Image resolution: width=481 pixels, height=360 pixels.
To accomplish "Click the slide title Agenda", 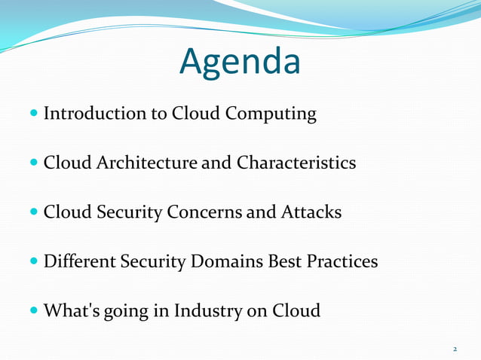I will pyautogui.click(x=240, y=63).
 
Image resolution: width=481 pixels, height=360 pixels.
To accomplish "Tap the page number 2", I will pyautogui.click(x=455, y=349).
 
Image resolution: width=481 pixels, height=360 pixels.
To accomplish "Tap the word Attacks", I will pyautogui.click(x=311, y=212).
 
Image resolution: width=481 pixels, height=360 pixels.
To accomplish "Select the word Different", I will pyautogui.click(x=78, y=261).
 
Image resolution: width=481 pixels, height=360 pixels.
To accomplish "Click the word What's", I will pyautogui.click(x=69, y=310).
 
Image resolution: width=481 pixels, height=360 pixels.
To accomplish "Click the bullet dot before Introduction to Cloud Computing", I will pyautogui.click(x=35, y=114).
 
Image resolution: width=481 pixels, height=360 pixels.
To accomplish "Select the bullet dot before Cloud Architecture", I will pyautogui.click(x=35, y=163).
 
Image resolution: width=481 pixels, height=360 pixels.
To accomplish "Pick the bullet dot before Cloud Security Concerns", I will pyautogui.click(x=35, y=213).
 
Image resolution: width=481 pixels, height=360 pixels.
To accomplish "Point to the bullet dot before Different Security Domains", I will pyautogui.click(x=35, y=262).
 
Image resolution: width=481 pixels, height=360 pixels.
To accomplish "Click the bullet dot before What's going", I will pyautogui.click(x=35, y=311).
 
